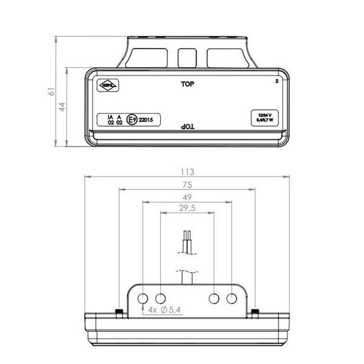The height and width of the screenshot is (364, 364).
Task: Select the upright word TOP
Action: click(x=187, y=84)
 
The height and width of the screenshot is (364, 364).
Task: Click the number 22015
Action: click(x=146, y=120)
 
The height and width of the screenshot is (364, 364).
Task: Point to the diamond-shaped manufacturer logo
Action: click(x=111, y=87)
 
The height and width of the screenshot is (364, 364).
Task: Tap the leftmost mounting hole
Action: click(x=144, y=298)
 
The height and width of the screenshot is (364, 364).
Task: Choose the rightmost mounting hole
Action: click(x=232, y=298)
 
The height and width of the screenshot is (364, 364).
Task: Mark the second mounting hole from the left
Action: click(x=161, y=298)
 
